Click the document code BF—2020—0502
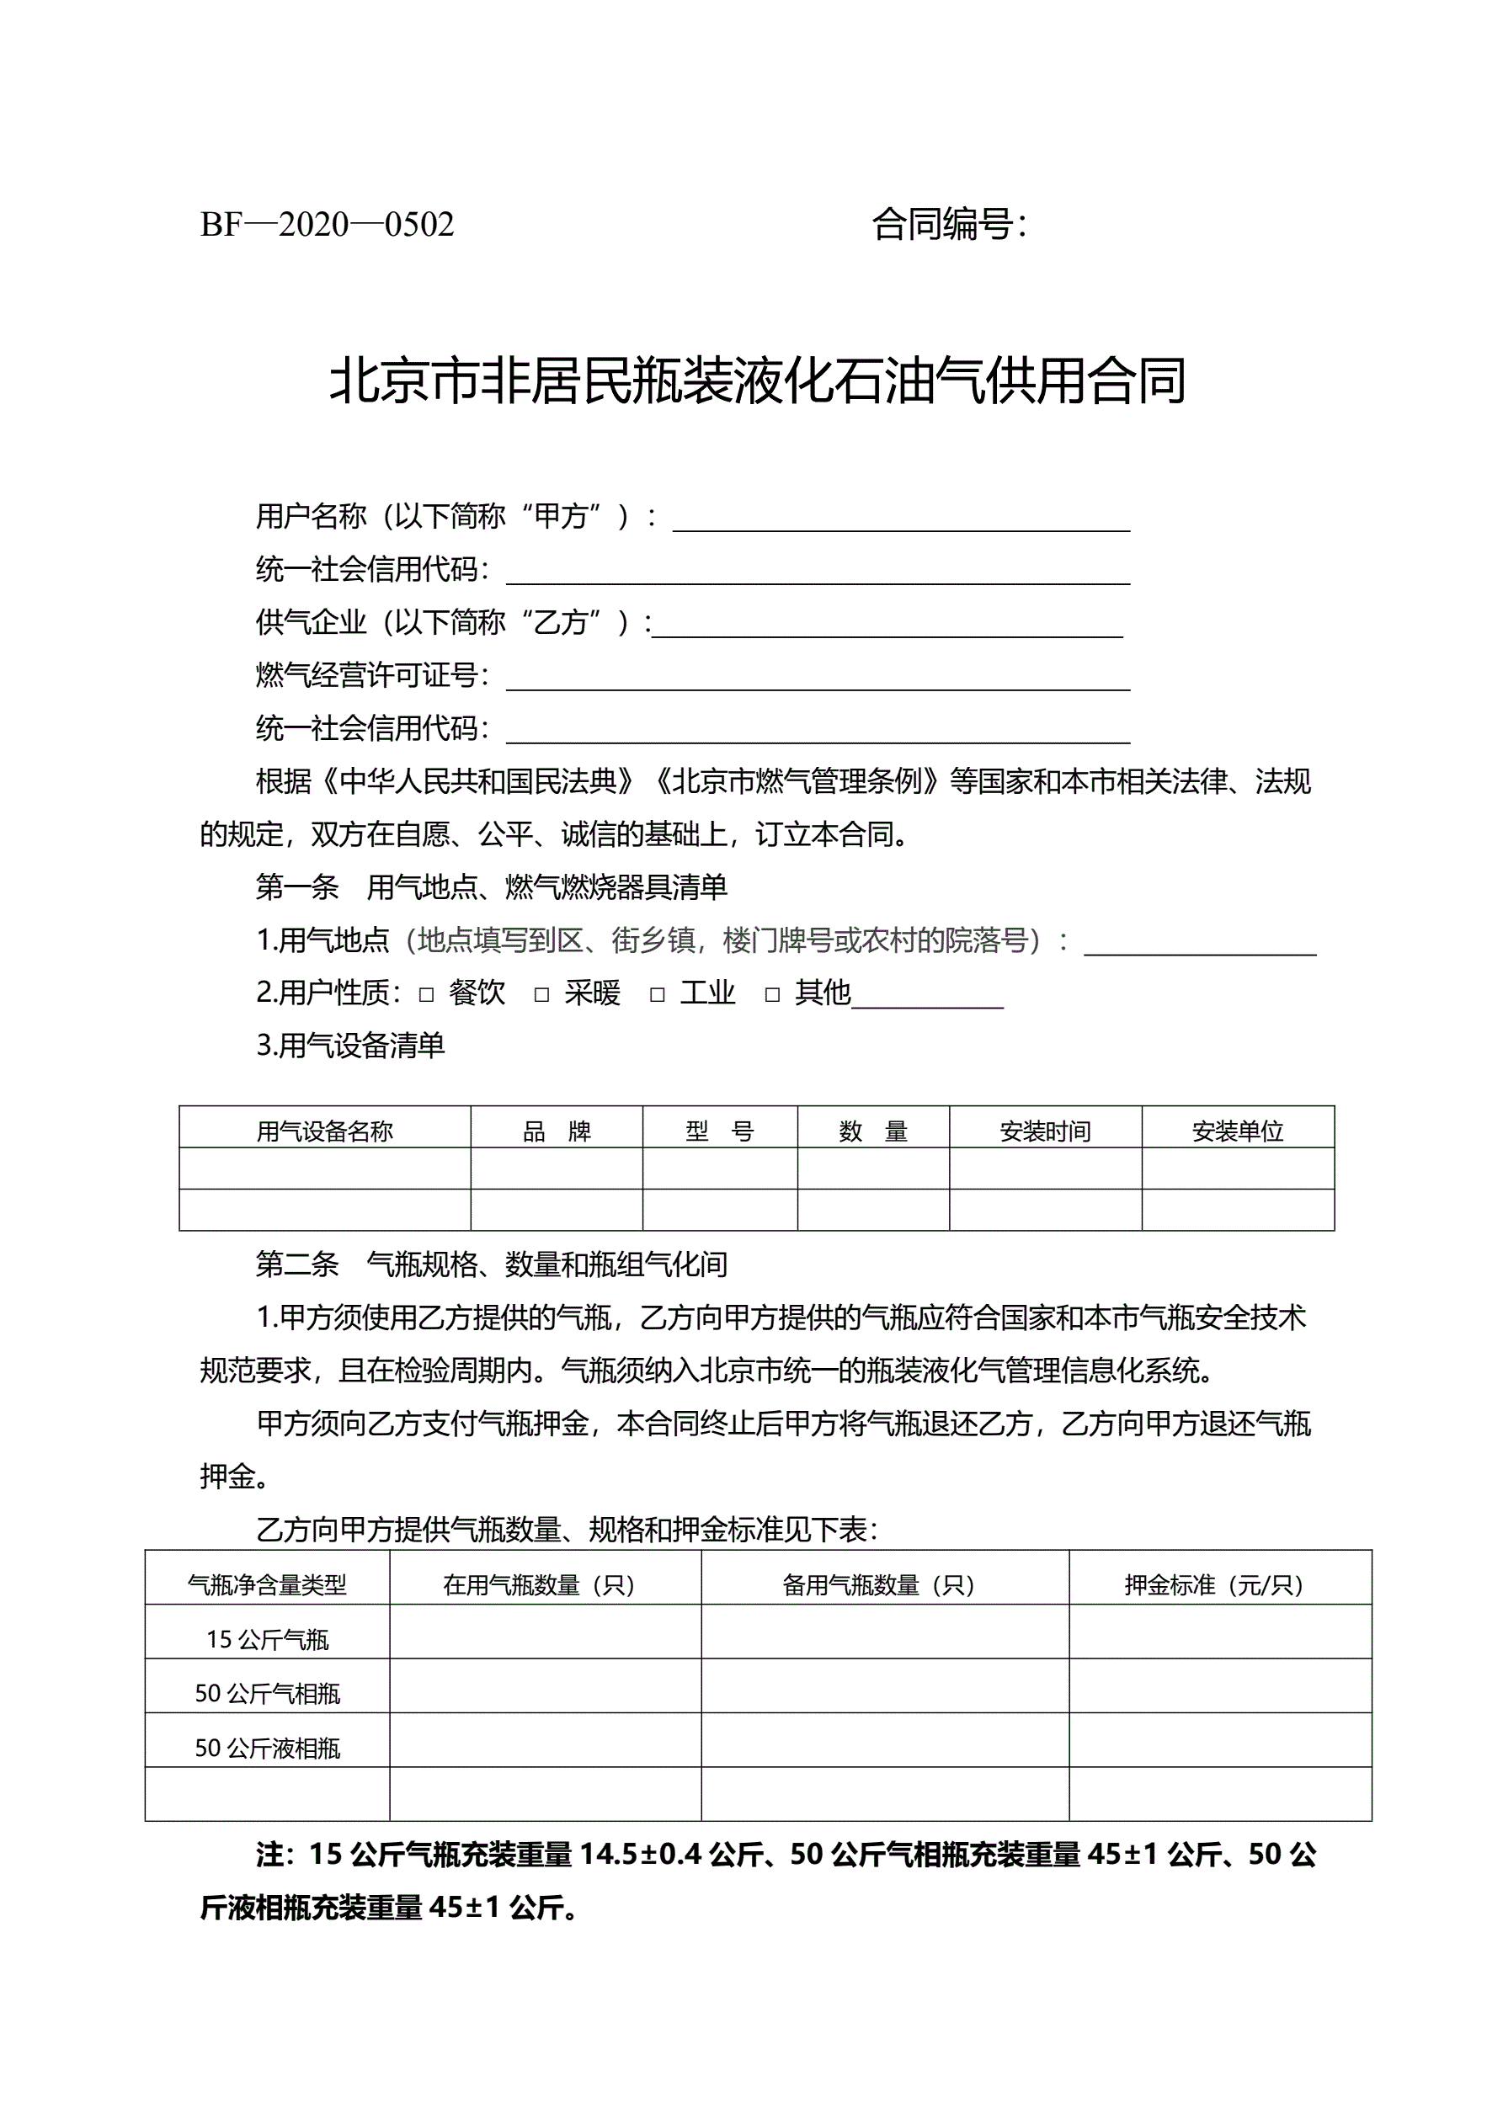point(327,225)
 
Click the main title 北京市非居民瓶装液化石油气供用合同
point(757,381)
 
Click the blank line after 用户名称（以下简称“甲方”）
point(900,520)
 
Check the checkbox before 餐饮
point(427,995)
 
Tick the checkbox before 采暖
point(542,995)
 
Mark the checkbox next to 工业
point(657,995)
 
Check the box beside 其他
point(773,995)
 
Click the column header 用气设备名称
point(325,1131)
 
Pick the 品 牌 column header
point(557,1131)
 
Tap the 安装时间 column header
point(1045,1131)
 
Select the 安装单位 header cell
point(1238,1131)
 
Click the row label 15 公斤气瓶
point(268,1639)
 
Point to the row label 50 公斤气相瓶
point(268,1693)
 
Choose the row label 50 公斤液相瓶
point(268,1748)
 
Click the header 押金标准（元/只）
point(1220,1584)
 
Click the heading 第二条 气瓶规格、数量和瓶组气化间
point(492,1264)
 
